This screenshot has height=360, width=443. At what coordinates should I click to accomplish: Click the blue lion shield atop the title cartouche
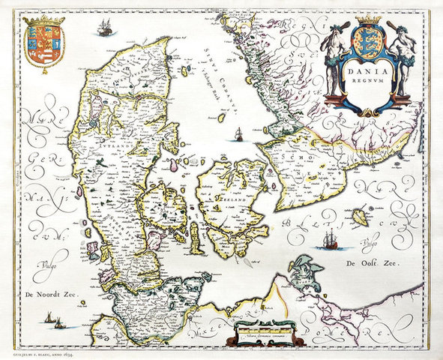[362, 38]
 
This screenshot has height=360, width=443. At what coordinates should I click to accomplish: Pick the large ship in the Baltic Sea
[329, 239]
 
